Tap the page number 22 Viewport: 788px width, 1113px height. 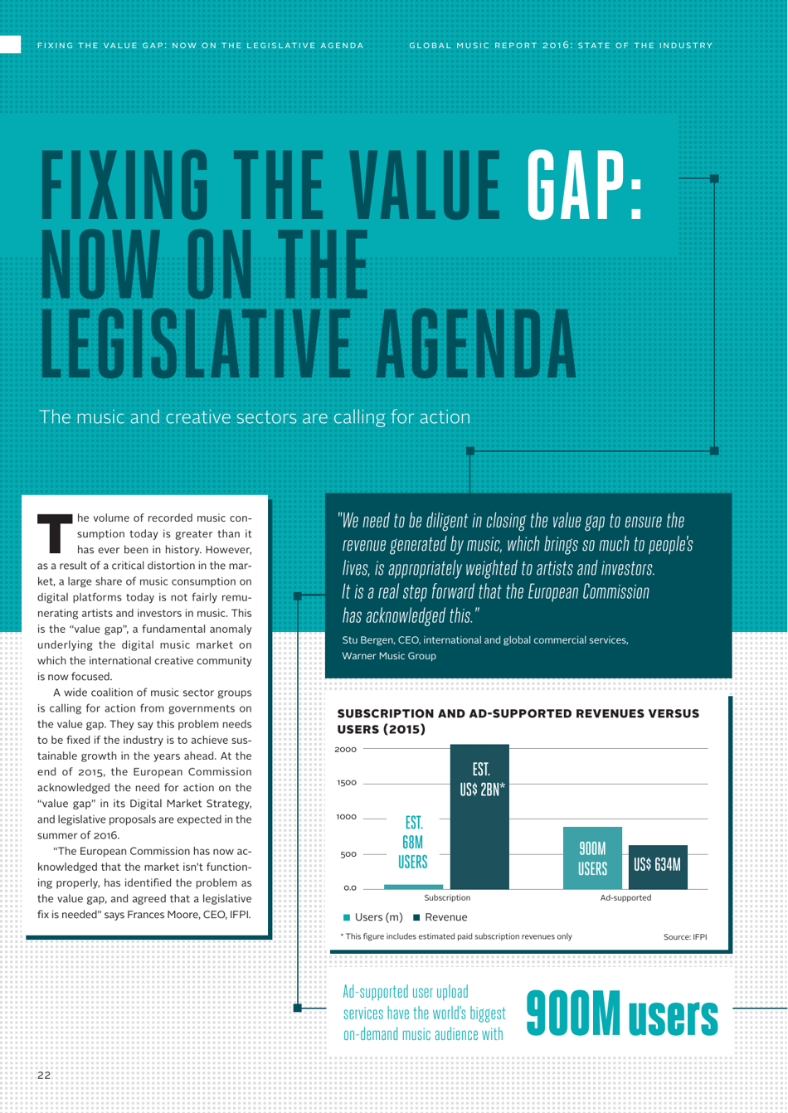coord(44,1075)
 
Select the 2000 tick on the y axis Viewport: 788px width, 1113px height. coord(346,749)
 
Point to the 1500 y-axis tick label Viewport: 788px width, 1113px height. coord(347,783)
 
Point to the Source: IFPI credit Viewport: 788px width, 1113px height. coord(685,937)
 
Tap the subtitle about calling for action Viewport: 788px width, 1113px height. coord(255,416)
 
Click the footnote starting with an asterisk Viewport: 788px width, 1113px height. coord(455,936)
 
